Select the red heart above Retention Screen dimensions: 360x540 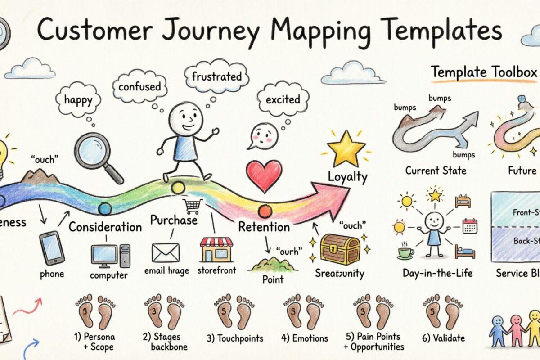click(x=264, y=175)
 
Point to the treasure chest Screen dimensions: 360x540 click(x=340, y=248)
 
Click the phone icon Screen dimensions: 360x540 click(x=52, y=247)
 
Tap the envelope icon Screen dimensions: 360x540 click(x=166, y=252)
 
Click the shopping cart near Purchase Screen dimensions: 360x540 click(x=192, y=206)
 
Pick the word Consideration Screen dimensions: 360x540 click(x=105, y=226)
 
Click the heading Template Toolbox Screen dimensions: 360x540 click(x=484, y=72)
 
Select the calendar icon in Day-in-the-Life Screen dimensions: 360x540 click(x=470, y=225)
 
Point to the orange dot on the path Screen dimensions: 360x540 click(x=265, y=210)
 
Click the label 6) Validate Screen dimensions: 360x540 click(x=444, y=338)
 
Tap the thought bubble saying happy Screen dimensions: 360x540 click(x=78, y=99)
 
